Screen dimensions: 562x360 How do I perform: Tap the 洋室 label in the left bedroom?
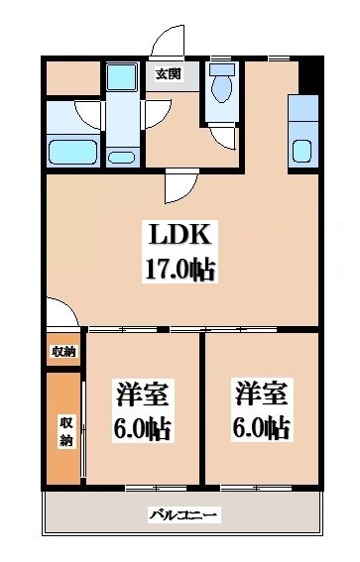[141, 394]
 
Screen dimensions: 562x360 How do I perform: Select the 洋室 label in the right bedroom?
[262, 393]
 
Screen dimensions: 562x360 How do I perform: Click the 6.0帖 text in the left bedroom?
[141, 429]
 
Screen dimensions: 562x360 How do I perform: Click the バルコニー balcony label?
[183, 515]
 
